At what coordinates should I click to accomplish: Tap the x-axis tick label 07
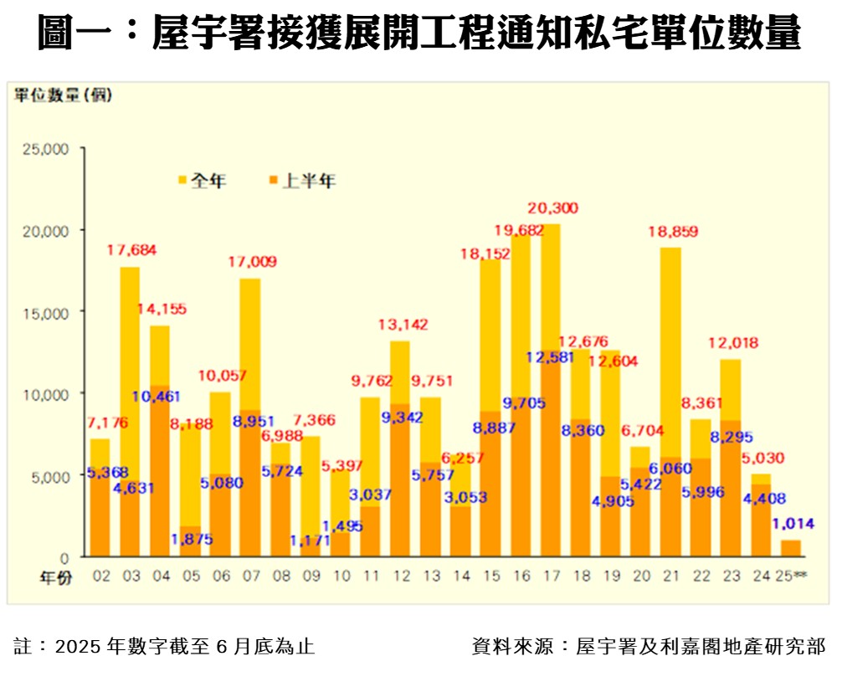(x=251, y=577)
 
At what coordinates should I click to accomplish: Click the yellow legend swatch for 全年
(x=182, y=179)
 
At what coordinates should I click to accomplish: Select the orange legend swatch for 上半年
(x=272, y=179)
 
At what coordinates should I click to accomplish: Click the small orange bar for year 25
(x=791, y=548)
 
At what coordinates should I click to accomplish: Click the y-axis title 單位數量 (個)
(x=63, y=95)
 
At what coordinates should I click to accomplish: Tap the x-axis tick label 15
(x=492, y=577)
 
